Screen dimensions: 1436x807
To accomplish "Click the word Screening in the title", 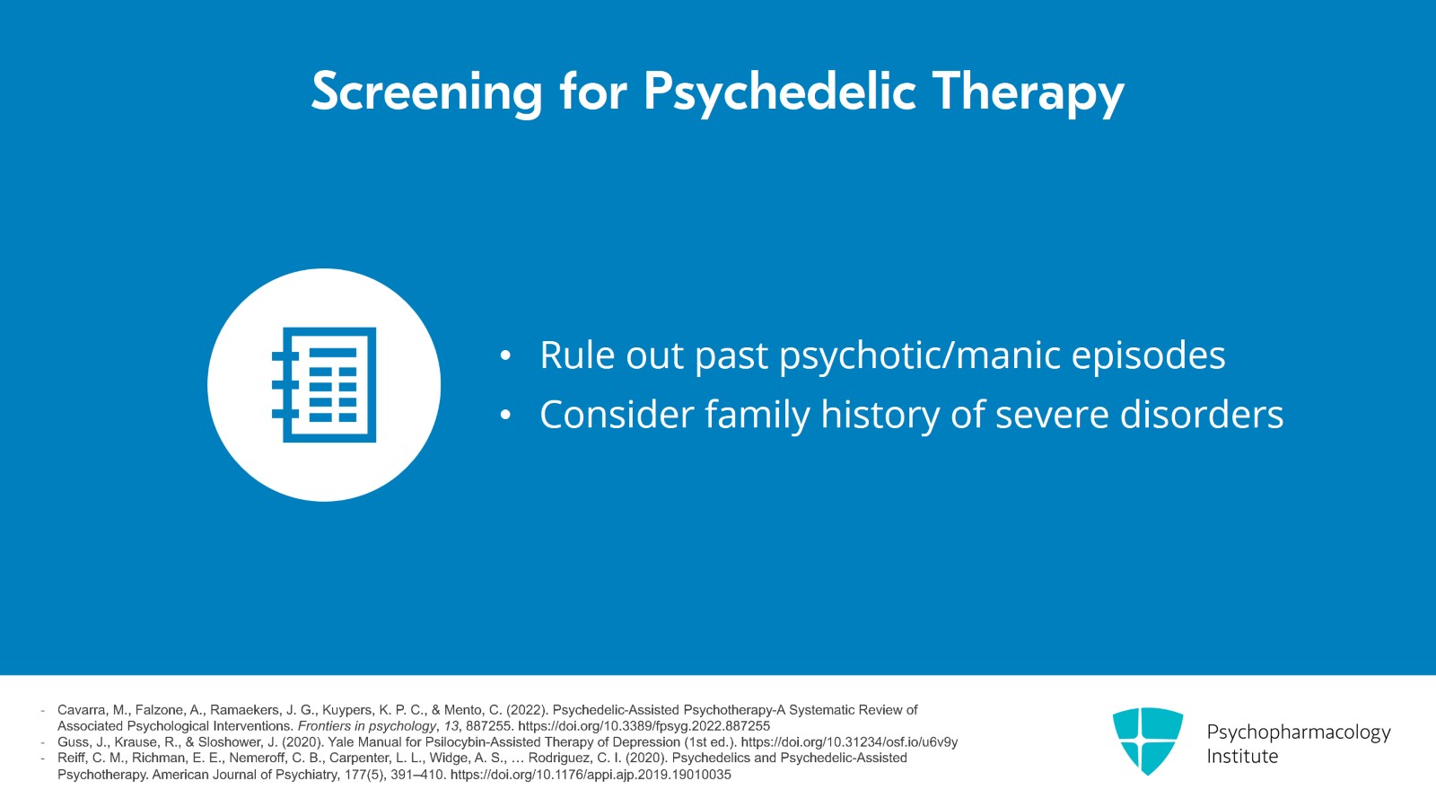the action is (427, 92).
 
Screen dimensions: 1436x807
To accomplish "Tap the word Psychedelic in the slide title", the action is (780, 92).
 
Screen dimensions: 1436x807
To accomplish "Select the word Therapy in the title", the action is (1029, 92).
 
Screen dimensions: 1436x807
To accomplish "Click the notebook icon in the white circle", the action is (324, 384).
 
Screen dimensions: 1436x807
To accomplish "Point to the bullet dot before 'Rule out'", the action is (505, 355).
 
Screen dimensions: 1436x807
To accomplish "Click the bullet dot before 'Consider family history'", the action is (505, 416).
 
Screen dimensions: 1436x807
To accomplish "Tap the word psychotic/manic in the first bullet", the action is (919, 356).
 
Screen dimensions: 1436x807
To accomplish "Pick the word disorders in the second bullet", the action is (1202, 415).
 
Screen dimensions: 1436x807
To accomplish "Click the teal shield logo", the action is (1148, 741).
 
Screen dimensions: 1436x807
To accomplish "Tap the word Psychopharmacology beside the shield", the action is (1298, 732).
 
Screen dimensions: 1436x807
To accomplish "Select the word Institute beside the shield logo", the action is (1242, 757).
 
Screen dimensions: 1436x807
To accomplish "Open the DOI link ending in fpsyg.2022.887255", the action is (644, 726).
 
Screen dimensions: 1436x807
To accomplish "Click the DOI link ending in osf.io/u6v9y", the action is (849, 742).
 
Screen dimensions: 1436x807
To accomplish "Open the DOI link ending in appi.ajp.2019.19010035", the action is (591, 775).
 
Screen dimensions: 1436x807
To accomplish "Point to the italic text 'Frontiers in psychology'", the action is (367, 726).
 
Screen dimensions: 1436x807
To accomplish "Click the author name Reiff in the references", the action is (71, 758).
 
